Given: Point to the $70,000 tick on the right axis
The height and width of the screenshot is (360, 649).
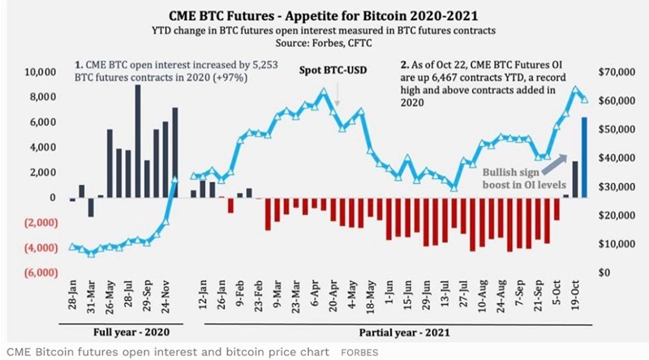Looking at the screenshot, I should [x=615, y=72].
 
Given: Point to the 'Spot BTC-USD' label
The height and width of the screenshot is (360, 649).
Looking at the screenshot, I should [x=334, y=68].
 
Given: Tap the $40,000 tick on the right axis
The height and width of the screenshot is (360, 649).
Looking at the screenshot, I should [x=615, y=158].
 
